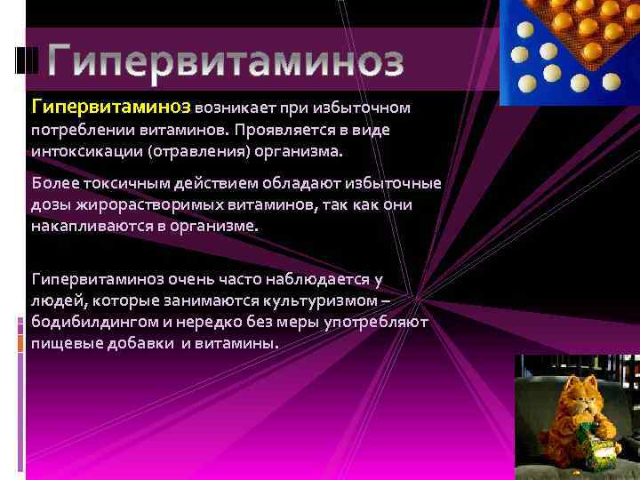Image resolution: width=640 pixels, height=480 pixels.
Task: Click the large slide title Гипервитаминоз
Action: [226, 60]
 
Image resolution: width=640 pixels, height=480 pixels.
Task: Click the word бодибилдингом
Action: [98, 322]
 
